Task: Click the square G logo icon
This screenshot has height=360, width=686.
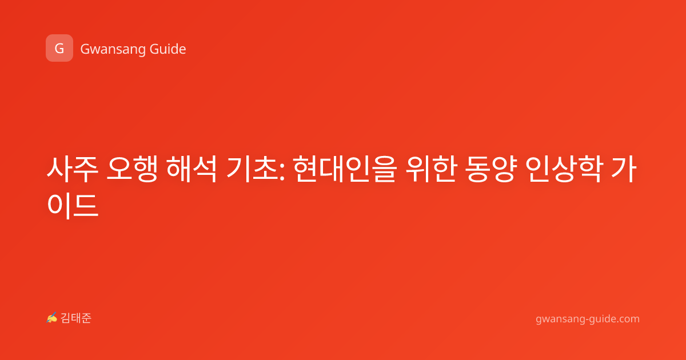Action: (59, 48)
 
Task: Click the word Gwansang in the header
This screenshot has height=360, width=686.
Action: (113, 50)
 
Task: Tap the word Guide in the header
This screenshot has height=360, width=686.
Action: (167, 49)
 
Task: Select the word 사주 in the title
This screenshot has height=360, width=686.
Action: (72, 169)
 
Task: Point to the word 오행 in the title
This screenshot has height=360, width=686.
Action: (132, 169)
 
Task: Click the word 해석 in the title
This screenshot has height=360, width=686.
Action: (192, 169)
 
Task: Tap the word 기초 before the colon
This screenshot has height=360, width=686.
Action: (252, 169)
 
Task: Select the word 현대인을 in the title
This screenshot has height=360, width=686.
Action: (345, 169)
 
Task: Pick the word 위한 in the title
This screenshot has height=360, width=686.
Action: (431, 169)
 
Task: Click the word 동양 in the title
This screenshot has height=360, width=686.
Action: (490, 169)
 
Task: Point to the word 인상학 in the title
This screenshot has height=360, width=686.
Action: (564, 169)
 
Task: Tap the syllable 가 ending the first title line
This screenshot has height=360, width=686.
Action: (624, 169)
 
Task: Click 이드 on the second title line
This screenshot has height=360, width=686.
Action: (73, 206)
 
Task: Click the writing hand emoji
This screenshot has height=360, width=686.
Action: (52, 318)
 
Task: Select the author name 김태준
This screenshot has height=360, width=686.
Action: (76, 318)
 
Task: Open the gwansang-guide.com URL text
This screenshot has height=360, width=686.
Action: (588, 319)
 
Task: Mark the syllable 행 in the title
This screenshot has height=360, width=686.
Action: (145, 169)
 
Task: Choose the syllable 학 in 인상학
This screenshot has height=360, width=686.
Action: (591, 169)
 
